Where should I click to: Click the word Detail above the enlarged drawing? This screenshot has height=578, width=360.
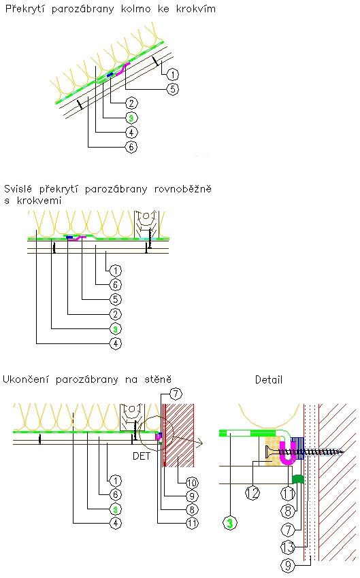269,379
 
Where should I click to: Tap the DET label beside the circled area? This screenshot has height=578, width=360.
142,456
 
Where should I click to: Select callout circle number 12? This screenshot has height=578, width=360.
252,492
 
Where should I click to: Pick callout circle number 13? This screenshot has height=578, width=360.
288,547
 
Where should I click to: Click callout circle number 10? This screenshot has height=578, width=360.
192,483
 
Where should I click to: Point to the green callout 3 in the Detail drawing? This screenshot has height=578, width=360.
230,523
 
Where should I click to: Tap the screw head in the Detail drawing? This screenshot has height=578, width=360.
269,452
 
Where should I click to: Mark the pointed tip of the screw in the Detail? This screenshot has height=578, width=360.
343,452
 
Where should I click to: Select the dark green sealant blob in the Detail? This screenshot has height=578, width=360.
297,479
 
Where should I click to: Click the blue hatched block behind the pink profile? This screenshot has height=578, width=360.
297,448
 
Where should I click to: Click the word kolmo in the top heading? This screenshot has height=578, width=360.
135,8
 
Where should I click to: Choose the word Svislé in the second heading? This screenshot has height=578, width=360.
18,189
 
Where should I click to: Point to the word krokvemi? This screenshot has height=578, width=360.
39,201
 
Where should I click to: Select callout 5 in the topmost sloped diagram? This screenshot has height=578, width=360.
173,89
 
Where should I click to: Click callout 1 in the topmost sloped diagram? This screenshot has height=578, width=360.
173,75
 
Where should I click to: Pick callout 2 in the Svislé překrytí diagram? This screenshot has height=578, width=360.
116,314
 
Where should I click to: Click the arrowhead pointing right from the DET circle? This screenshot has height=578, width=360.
199,443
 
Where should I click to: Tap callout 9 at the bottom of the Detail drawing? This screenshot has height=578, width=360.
288,565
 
